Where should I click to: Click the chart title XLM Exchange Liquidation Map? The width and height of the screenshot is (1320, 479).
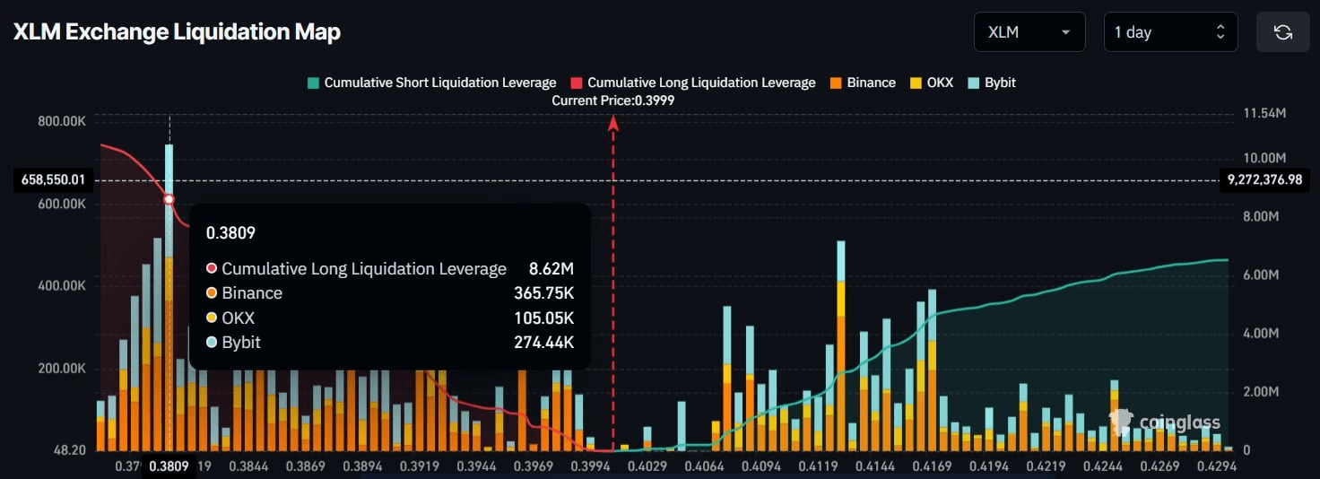(x=177, y=32)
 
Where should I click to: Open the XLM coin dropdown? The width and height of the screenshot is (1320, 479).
(x=1029, y=32)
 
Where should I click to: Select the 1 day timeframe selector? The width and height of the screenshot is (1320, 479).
(x=1169, y=32)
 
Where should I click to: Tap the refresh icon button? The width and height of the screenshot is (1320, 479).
(x=1282, y=32)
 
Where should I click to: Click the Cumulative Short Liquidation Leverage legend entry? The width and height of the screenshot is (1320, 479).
(x=431, y=83)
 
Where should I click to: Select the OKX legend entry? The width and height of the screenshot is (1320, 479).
(x=932, y=83)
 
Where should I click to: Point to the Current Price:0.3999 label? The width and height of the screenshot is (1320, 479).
(x=613, y=100)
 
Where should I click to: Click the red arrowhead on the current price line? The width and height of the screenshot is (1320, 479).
(x=613, y=123)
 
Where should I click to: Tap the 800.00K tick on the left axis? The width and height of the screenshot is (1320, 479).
(x=62, y=120)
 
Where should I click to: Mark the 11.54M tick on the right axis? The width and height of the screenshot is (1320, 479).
(x=1265, y=114)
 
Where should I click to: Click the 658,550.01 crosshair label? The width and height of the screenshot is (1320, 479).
(x=54, y=179)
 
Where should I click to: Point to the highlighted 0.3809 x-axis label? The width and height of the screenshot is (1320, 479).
(x=169, y=466)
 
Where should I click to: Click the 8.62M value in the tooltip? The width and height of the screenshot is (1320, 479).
(x=552, y=268)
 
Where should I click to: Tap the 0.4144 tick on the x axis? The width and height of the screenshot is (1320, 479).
(x=874, y=466)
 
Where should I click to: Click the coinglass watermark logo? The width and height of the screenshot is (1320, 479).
(x=1165, y=422)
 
